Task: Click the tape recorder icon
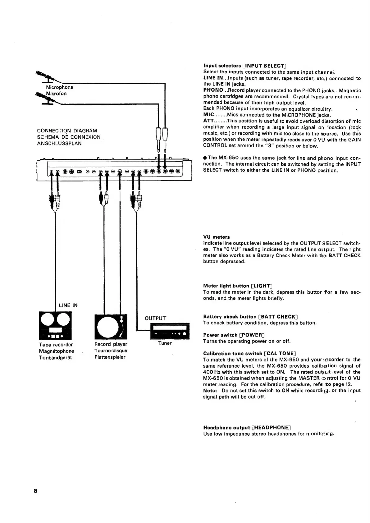pyautogui.click(x=55, y=325)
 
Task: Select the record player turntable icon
pyautogui.click(x=111, y=327)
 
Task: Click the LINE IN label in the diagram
pyautogui.click(x=68, y=305)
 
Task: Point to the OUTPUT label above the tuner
pyautogui.click(x=156, y=318)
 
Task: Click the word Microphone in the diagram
pyautogui.click(x=59, y=87)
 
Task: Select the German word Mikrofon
pyautogui.click(x=56, y=94)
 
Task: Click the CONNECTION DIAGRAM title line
pyautogui.click(x=67, y=131)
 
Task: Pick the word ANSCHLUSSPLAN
pyautogui.click(x=59, y=144)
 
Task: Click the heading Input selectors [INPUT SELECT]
pyautogui.click(x=244, y=66)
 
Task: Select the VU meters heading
pyautogui.click(x=217, y=237)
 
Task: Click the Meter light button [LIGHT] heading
pyautogui.click(x=238, y=286)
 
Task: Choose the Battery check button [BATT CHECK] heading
pyautogui.click(x=250, y=317)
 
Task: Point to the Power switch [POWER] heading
pyautogui.click(x=234, y=335)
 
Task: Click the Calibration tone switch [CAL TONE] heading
pyautogui.click(x=249, y=354)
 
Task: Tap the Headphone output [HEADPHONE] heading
pyautogui.click(x=247, y=428)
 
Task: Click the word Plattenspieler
pyautogui.click(x=110, y=357)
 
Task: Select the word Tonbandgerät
pyautogui.click(x=55, y=358)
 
